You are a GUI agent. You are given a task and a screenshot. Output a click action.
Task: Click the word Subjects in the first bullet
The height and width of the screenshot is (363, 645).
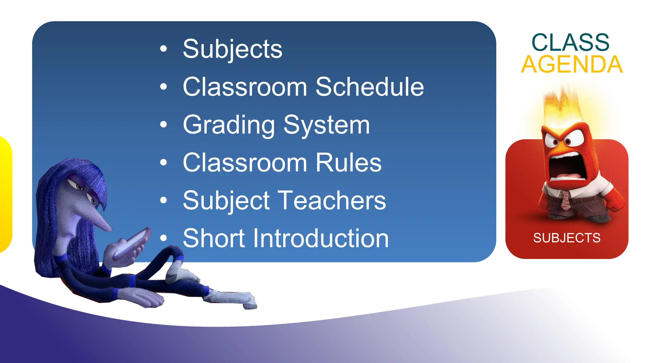tap(232, 49)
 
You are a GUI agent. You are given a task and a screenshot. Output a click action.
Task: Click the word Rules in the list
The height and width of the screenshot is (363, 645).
tap(348, 163)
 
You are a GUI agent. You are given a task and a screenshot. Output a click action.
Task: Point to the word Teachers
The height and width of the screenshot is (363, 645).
tap(332, 200)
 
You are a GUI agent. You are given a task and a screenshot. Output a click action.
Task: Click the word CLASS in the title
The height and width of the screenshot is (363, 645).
tap(570, 42)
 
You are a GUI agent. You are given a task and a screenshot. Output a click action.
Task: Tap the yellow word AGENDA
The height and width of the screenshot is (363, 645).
tap(572, 65)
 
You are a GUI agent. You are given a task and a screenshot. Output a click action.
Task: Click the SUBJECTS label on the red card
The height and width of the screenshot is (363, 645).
tap(567, 238)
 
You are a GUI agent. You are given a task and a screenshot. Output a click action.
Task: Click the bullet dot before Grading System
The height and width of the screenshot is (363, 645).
tap(163, 124)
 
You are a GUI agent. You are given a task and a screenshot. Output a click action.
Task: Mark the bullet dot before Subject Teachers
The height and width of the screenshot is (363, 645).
tap(163, 200)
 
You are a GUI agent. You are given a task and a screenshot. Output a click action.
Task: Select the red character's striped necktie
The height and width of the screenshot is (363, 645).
tap(565, 200)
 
